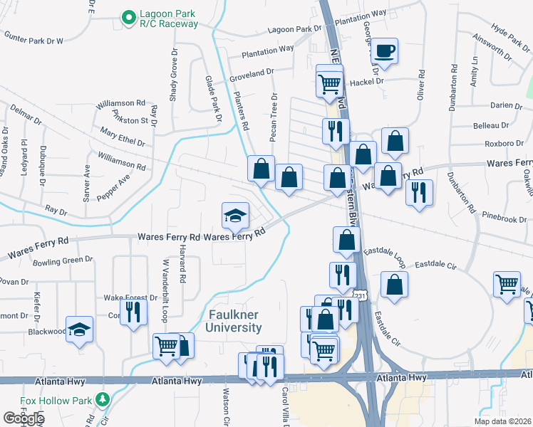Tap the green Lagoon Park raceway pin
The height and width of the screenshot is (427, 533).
point(129,18)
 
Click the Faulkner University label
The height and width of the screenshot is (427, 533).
point(235,321)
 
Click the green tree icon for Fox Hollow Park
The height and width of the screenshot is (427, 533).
point(103,398)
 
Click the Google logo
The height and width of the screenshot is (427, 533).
point(24,418)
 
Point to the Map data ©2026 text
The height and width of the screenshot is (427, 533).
point(502,421)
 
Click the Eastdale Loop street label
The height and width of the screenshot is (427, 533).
point(385,253)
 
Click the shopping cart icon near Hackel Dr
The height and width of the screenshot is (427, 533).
point(329,83)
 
